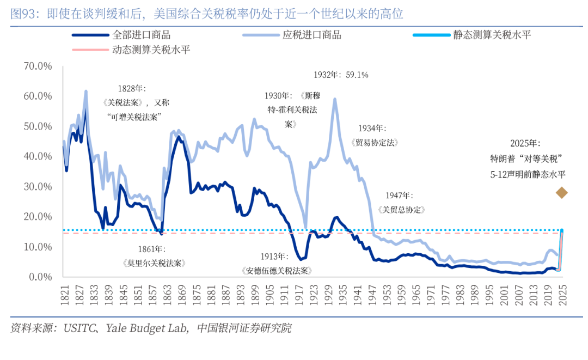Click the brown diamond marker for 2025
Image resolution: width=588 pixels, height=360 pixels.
click(x=561, y=192)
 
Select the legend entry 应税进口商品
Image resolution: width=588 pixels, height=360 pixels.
click(x=312, y=35)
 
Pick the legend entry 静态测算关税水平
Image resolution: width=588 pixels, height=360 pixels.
click(x=492, y=35)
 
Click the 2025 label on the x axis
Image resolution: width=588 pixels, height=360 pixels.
click(x=562, y=294)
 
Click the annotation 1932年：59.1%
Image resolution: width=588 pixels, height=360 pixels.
click(x=341, y=75)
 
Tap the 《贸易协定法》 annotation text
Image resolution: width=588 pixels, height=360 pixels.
click(x=376, y=143)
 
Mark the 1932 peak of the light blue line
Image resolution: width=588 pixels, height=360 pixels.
click(x=334, y=99)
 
